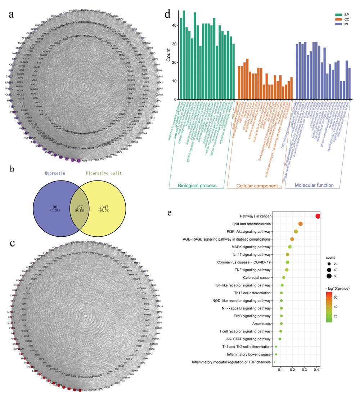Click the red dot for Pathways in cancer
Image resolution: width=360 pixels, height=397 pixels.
[318, 216]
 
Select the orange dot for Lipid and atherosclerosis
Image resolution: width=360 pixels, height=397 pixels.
[301, 224]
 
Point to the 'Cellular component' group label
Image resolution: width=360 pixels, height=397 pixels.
[257, 186]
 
